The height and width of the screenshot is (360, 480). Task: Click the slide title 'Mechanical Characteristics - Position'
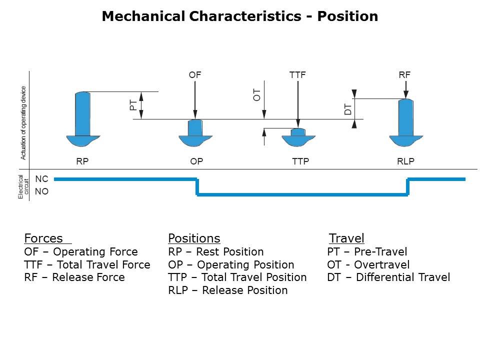click(x=240, y=16)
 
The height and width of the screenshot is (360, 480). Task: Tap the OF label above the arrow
click(x=195, y=75)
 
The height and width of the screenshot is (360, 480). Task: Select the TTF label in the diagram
click(x=297, y=75)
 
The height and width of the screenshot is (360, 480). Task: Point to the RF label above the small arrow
click(x=404, y=75)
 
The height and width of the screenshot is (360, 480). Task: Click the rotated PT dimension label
click(x=133, y=105)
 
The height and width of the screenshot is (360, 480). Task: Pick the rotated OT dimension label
click(x=256, y=95)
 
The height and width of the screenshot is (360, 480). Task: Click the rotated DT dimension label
click(x=348, y=109)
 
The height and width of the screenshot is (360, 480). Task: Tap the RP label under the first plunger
click(x=82, y=161)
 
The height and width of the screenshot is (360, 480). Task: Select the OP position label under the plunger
click(x=196, y=161)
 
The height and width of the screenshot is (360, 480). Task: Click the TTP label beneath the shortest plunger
click(x=300, y=161)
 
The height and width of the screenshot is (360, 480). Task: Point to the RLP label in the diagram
click(x=405, y=161)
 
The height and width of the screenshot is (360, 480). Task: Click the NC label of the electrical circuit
click(x=41, y=179)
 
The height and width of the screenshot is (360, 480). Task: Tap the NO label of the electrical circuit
click(x=41, y=191)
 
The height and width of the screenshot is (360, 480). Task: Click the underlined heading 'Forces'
click(x=43, y=238)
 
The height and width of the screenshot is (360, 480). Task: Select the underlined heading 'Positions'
click(x=194, y=238)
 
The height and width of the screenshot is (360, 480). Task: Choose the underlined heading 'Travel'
click(x=346, y=238)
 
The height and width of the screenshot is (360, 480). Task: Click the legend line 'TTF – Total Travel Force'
click(x=87, y=264)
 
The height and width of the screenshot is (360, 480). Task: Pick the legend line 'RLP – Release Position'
click(x=228, y=290)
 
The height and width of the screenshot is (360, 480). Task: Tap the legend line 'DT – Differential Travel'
click(x=388, y=277)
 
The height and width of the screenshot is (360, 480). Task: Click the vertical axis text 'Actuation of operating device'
click(x=23, y=123)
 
